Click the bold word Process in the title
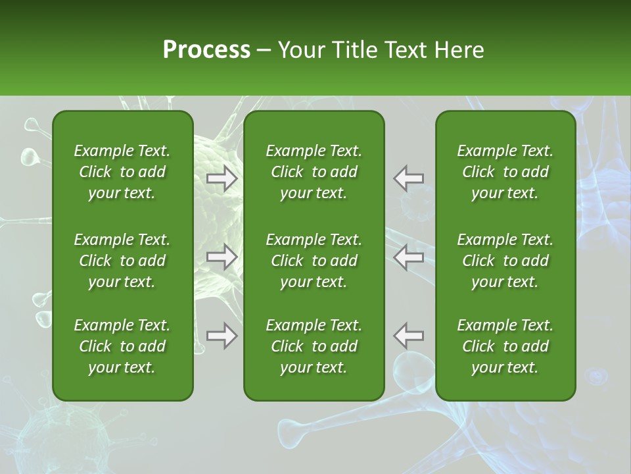tap(206, 50)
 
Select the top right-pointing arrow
tap(222, 178)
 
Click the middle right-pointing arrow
tap(222, 257)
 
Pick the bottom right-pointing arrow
tap(222, 336)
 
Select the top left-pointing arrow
tap(409, 178)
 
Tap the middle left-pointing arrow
tap(409, 257)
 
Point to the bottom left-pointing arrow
tap(409, 336)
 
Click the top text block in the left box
tap(122, 172)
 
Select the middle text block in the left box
tap(122, 261)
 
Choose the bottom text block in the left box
tap(122, 346)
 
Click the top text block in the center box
tap(314, 172)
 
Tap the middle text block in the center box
tap(314, 261)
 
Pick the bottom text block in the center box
tap(314, 346)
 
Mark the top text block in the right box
tap(505, 172)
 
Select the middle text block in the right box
tap(505, 261)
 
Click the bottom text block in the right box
tap(505, 346)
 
